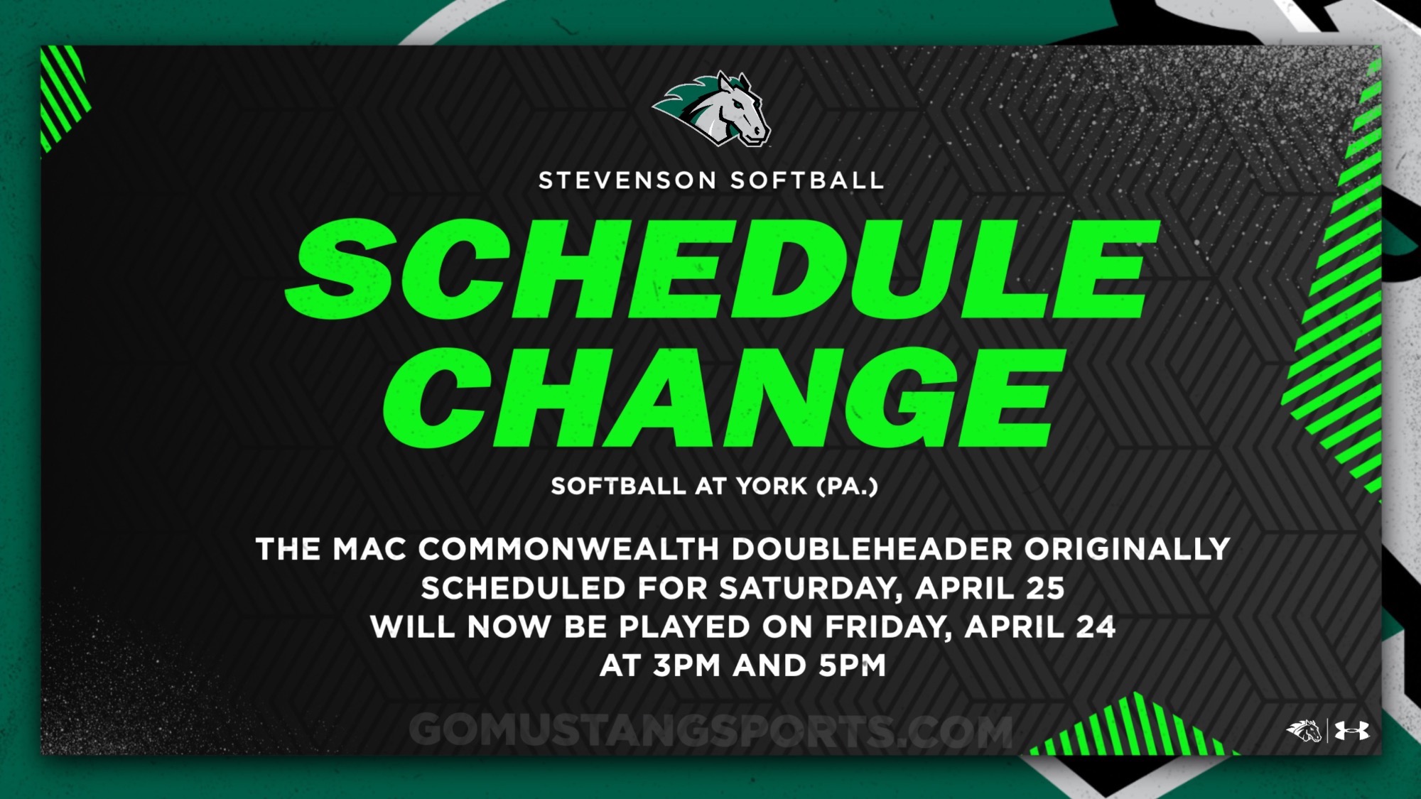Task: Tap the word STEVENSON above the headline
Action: click(627, 180)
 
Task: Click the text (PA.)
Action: click(848, 487)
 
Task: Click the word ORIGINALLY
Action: click(1127, 549)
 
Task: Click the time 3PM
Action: click(687, 666)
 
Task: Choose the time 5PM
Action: click(853, 666)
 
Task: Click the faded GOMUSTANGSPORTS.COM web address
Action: click(710, 731)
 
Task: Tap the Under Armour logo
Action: click(1351, 731)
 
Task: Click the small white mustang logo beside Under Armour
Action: click(1304, 731)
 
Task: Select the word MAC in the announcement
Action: click(369, 549)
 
